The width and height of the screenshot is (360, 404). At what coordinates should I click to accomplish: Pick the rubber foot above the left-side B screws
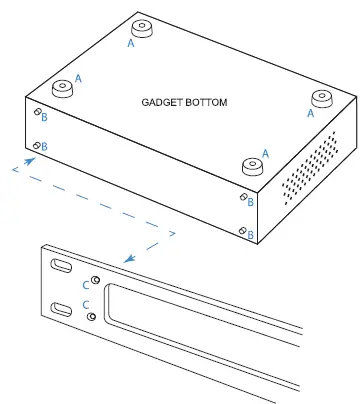click(62, 88)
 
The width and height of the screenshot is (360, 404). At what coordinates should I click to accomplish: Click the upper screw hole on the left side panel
click(37, 116)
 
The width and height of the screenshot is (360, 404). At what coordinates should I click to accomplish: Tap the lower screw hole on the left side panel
click(37, 147)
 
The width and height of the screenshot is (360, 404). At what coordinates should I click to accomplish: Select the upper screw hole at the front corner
click(242, 198)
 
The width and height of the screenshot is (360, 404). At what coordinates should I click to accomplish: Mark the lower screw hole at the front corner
click(243, 229)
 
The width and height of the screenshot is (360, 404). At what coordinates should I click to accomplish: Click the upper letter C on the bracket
click(84, 282)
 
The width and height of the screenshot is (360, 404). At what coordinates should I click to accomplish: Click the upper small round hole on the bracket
click(95, 280)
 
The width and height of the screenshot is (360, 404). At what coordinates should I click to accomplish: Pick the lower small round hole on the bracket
click(93, 316)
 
